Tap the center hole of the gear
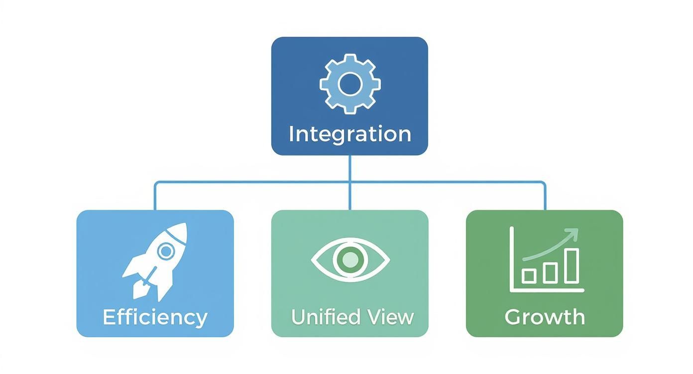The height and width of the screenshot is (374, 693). (x=349, y=84)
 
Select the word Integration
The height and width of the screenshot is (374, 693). (x=349, y=134)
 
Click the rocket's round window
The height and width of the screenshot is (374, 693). (x=165, y=251)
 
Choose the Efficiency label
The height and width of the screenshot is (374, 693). (x=155, y=317)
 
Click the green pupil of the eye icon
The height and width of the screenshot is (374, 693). (x=350, y=259)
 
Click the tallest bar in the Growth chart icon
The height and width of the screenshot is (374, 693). (x=572, y=266)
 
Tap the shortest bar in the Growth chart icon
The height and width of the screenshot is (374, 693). (x=528, y=275)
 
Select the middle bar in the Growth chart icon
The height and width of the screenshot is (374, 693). (x=550, y=272)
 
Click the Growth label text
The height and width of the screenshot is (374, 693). (x=544, y=317)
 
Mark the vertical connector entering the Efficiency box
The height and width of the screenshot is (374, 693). (x=155, y=196)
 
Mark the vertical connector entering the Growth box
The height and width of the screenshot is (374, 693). (x=544, y=196)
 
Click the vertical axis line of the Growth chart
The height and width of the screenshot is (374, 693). (x=511, y=259)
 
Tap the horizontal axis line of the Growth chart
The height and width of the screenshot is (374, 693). (x=548, y=290)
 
